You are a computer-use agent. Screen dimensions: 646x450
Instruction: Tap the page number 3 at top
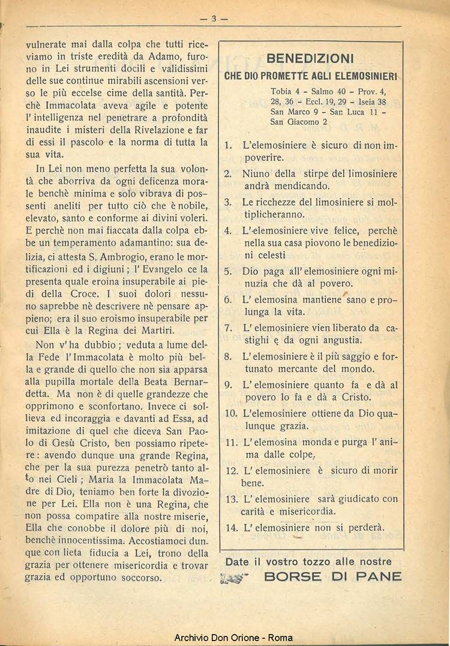pos(213,19)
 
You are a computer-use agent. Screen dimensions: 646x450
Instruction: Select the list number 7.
pos(228,328)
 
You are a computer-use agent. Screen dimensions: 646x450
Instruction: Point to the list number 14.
pos(232,528)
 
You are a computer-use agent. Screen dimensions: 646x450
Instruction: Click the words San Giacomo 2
pos(299,122)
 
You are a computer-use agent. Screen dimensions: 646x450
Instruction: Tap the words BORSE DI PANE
pos(333,576)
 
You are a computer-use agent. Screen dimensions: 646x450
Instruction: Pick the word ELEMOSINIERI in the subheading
pos(363,77)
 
